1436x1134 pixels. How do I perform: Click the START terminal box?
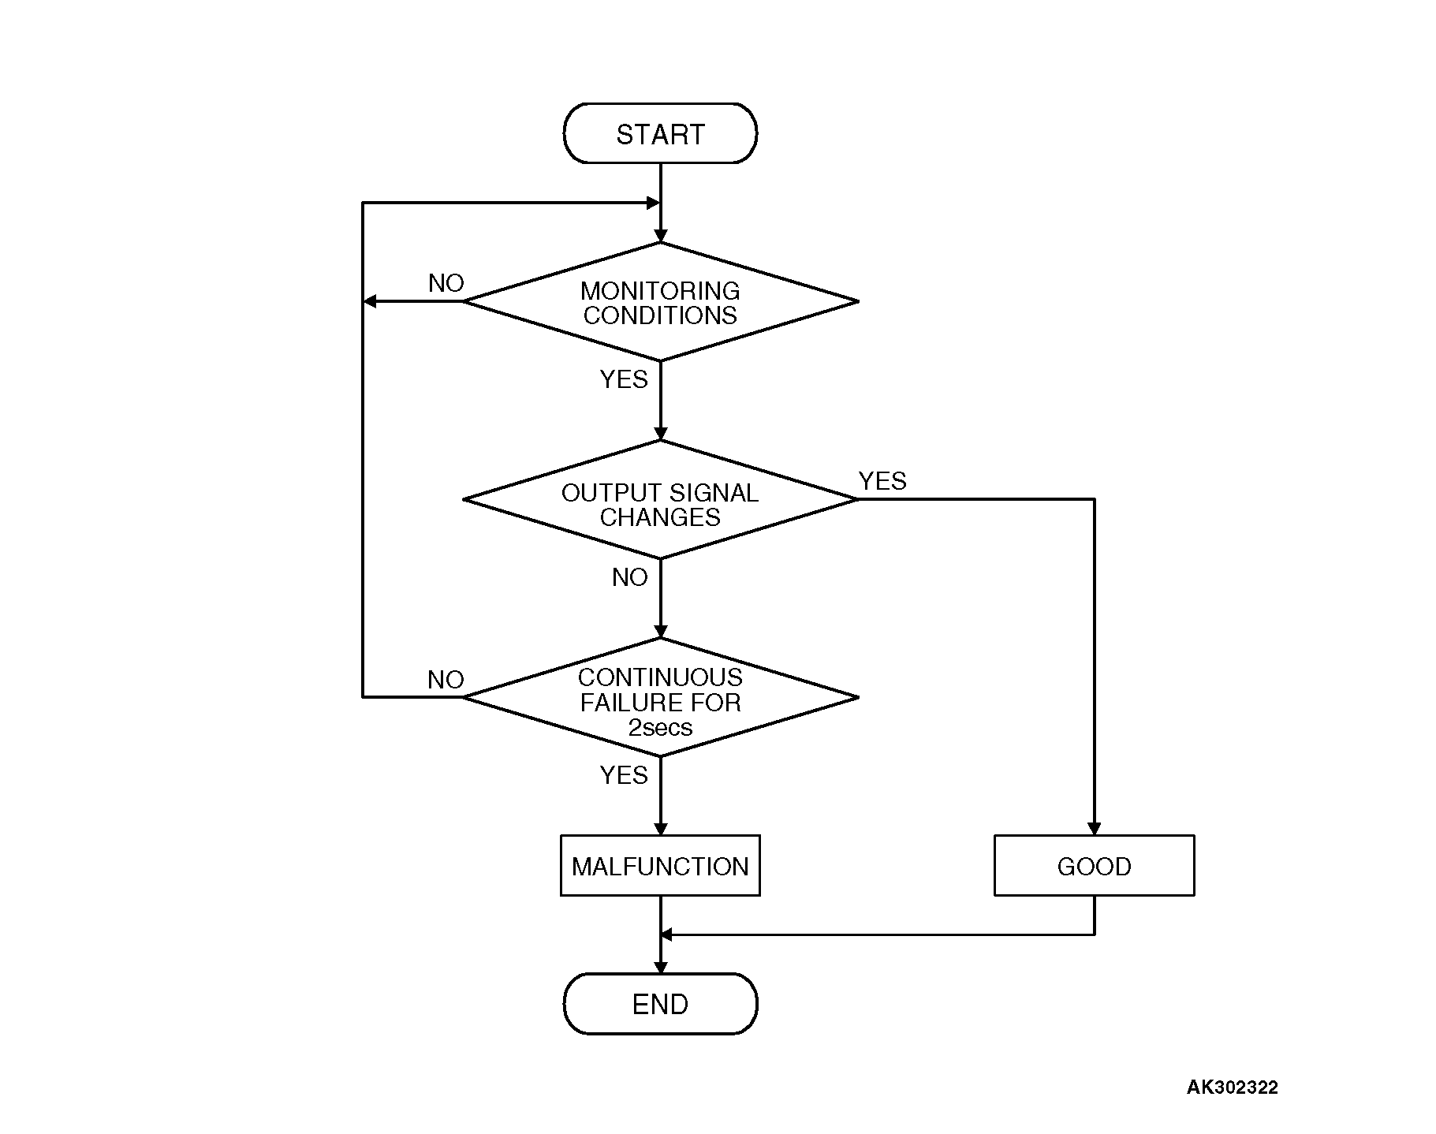point(660,134)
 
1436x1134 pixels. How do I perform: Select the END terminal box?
point(660,1004)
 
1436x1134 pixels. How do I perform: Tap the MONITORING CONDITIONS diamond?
point(660,302)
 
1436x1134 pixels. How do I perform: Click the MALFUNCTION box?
point(660,866)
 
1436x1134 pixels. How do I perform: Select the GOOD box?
point(1094,866)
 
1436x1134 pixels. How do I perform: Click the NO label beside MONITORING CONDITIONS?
point(446,283)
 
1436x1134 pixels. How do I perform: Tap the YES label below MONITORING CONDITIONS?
point(624,379)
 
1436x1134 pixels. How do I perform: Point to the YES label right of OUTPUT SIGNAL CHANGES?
point(882,481)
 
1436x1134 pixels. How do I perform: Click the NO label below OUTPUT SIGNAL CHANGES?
point(629,577)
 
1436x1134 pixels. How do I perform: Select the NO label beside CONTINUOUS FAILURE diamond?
point(446,680)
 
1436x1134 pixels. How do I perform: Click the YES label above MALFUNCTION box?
point(624,775)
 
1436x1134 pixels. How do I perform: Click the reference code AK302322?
point(1232,1087)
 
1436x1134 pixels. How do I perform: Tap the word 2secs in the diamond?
point(660,727)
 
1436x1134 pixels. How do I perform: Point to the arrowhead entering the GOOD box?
point(1094,829)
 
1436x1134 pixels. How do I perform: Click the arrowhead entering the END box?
point(660,967)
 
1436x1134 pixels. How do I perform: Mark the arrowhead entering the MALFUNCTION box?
point(660,829)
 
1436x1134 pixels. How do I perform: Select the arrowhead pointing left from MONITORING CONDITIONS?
point(370,301)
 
